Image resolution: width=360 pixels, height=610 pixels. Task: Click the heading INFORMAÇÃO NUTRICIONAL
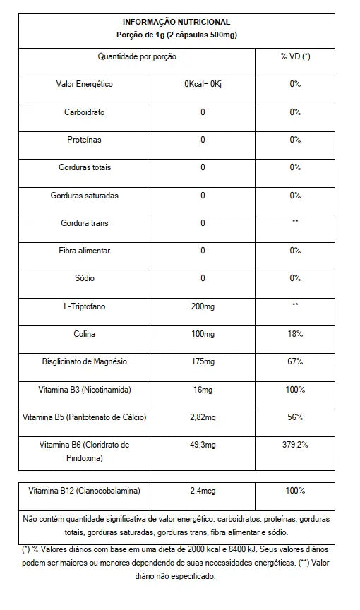point(176,23)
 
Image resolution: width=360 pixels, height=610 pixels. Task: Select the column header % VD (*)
point(295,56)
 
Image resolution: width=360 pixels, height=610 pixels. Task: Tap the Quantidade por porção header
point(137,56)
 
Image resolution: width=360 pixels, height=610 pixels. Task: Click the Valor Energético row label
point(84,84)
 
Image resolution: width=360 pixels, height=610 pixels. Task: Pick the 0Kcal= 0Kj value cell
point(203,84)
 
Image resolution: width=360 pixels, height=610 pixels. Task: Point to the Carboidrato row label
point(84,112)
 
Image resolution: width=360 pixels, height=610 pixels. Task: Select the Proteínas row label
point(84,140)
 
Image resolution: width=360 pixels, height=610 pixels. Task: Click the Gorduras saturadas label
point(84,196)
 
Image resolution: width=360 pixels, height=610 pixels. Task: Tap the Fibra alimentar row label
point(84,251)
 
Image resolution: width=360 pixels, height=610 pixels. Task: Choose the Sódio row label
point(84,278)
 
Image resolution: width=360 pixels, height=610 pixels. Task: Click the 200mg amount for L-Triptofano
point(203,306)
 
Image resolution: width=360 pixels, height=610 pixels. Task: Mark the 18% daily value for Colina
point(295,333)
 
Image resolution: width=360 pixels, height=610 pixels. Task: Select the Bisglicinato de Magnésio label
point(84,361)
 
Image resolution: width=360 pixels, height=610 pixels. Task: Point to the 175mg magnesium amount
point(203,361)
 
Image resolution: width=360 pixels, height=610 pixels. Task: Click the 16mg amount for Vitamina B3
point(203,389)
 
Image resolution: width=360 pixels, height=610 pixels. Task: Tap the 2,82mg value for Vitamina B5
point(203,417)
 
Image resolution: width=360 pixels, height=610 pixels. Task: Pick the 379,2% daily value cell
point(295,445)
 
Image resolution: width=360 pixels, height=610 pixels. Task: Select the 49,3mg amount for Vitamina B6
point(203,445)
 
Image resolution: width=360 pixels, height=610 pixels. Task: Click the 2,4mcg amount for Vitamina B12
point(203,491)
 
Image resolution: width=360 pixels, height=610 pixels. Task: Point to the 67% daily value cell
point(295,361)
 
